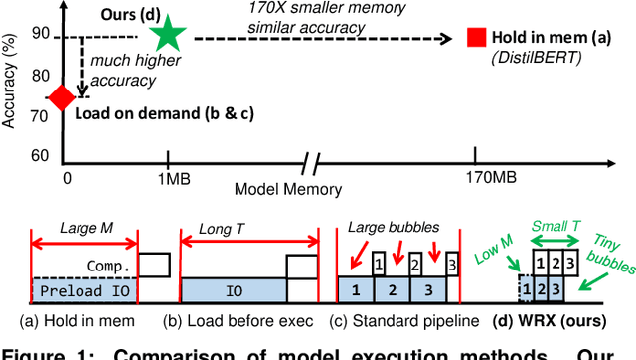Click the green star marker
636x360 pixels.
pos(168,35)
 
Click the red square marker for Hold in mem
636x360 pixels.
pos(479,38)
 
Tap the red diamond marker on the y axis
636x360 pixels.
pos(62,97)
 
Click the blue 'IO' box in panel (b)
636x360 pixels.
pos(232,290)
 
